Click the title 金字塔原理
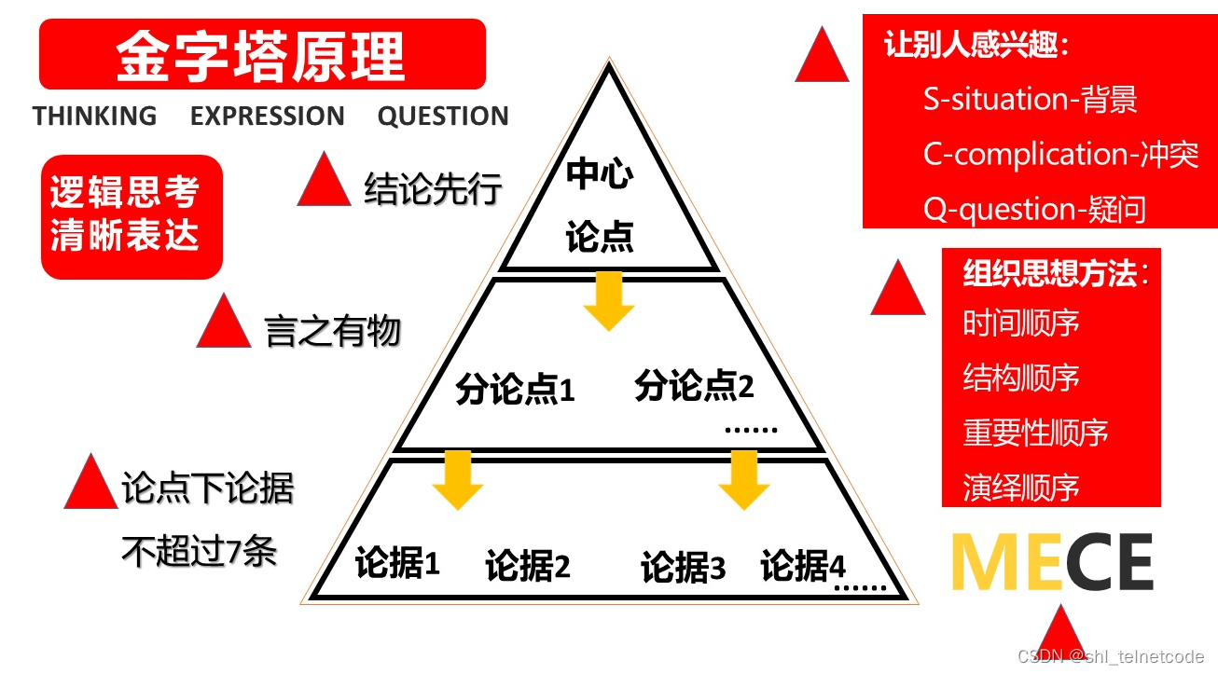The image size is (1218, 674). click(x=261, y=55)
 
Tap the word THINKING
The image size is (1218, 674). click(x=94, y=117)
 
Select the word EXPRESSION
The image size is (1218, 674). click(x=267, y=117)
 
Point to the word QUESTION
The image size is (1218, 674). click(x=443, y=117)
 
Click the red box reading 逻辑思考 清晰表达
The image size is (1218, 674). click(x=131, y=216)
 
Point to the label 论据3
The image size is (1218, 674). click(x=683, y=568)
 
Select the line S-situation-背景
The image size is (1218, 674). click(x=1030, y=100)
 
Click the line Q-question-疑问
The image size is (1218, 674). click(x=1034, y=209)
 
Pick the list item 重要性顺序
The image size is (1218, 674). click(x=1035, y=433)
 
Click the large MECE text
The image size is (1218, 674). click(x=1051, y=563)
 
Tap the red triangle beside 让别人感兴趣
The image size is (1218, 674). click(x=822, y=58)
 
